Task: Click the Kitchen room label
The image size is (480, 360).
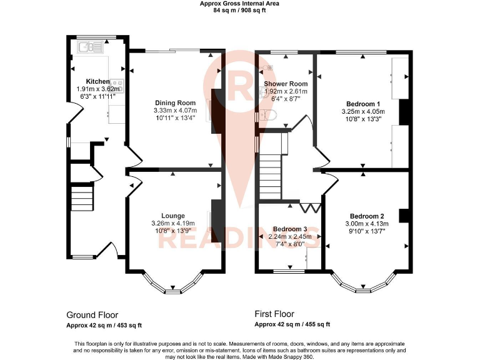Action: pyautogui.click(x=97, y=81)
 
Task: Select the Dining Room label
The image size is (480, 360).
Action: pyautogui.click(x=174, y=102)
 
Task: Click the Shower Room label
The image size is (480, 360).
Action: pyautogui.click(x=285, y=84)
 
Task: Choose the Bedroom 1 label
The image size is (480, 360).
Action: pyautogui.click(x=362, y=104)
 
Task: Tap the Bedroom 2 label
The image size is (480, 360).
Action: pyautogui.click(x=367, y=216)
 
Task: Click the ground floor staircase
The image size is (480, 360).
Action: pyautogui.click(x=81, y=199)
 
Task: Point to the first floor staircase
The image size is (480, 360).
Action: pyautogui.click(x=271, y=168)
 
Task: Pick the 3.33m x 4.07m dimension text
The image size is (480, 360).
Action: pyautogui.click(x=174, y=111)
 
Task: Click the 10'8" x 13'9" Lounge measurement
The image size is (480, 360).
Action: pyautogui.click(x=173, y=231)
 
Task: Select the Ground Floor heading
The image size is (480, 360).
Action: pyautogui.click(x=92, y=315)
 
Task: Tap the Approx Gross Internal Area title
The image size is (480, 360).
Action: pyautogui.click(x=239, y=4)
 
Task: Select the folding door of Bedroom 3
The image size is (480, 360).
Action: pyautogui.click(x=310, y=206)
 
